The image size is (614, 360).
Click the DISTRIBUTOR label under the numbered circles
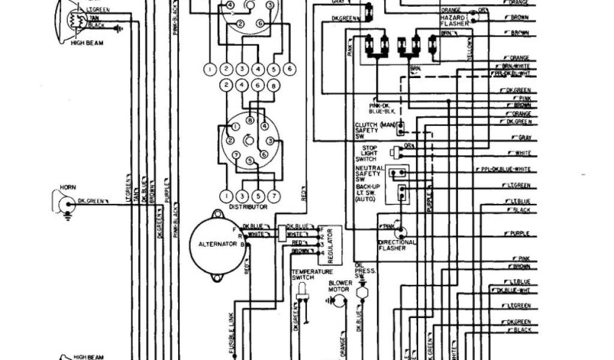[248, 207]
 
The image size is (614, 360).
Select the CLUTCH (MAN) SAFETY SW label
[367, 129]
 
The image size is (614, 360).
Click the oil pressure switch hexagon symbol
[361, 290]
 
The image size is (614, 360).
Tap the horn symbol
[62, 203]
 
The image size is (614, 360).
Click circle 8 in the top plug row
[273, 86]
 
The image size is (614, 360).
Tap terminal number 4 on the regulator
[322, 253]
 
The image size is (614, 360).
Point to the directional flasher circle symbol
[398, 230]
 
